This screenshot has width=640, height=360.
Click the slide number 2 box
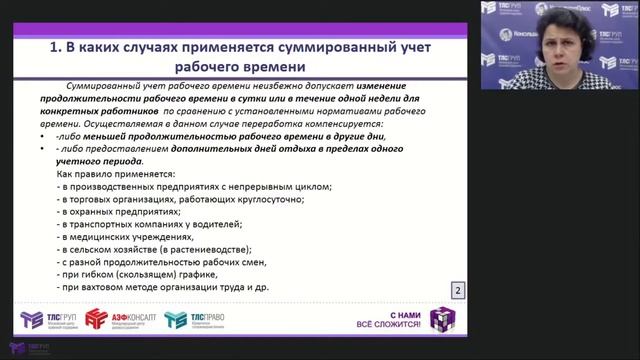click(x=457, y=290)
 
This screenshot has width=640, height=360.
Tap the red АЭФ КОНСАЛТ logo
click(x=117, y=320)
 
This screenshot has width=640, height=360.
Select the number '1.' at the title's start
click(x=58, y=49)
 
